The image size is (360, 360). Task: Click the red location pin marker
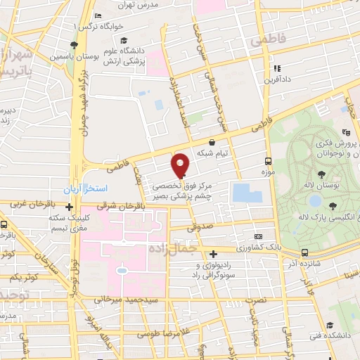pyautogui.click(x=180, y=165)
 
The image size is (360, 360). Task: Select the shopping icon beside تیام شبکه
pyautogui.click(x=212, y=142)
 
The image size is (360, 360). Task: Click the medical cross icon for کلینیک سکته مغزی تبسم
pyautogui.click(x=69, y=207)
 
